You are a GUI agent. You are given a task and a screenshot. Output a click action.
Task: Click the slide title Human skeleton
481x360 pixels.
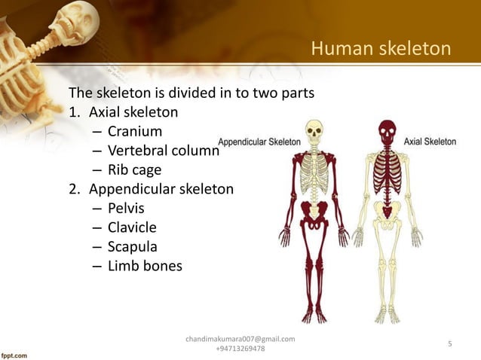tap(381, 50)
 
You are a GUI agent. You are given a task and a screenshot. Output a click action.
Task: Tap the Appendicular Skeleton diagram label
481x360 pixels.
tap(259, 142)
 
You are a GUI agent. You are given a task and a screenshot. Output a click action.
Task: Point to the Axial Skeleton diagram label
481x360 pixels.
tap(430, 141)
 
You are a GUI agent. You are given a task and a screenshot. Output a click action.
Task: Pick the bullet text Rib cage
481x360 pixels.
tap(134, 169)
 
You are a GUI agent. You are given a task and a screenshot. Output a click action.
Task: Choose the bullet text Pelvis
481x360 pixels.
tap(125, 207)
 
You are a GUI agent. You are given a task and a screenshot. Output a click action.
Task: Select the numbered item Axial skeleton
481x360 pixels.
tap(133, 113)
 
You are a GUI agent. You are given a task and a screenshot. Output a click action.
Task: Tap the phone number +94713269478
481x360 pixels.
tap(240, 349)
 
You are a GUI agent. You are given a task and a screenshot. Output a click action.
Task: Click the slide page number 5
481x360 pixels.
tap(449, 344)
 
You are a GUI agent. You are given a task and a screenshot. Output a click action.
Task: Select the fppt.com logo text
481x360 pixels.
tap(14, 353)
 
